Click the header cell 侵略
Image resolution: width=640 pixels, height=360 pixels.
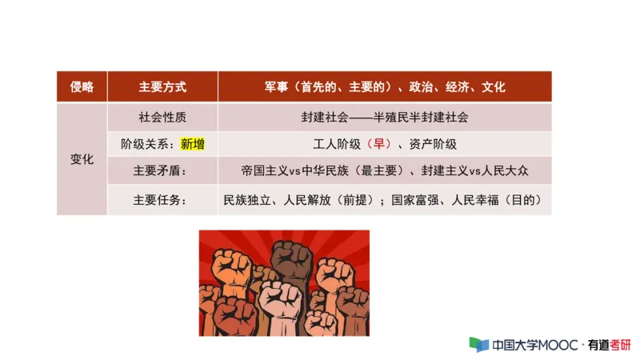pyautogui.click(x=82, y=86)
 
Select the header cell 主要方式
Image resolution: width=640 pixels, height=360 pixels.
pyautogui.click(x=162, y=86)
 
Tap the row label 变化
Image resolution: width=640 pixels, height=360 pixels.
pyautogui.click(x=82, y=159)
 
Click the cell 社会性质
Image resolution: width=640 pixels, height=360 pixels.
pyautogui.click(x=162, y=117)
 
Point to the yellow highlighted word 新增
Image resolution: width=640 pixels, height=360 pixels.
pyautogui.click(x=193, y=145)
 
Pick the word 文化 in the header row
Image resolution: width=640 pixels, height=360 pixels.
pyautogui.click(x=494, y=86)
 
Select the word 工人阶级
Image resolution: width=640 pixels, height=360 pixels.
pyautogui.click(x=334, y=145)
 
